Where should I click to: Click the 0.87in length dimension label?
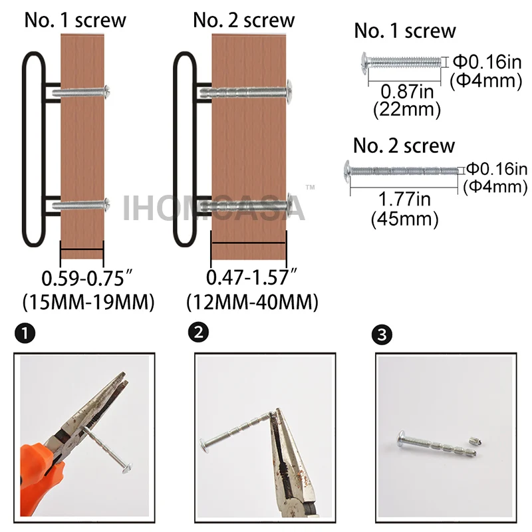point(407,91)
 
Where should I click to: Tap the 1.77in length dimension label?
point(404,199)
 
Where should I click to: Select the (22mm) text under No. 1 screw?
point(407,110)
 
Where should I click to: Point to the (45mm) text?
point(405,219)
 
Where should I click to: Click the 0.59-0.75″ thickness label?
point(86,278)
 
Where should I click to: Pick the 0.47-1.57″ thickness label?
point(251,277)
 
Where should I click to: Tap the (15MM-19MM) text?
point(88,302)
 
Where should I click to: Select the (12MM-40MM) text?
point(253,302)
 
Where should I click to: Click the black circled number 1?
point(25,333)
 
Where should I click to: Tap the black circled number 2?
point(198,332)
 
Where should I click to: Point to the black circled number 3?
point(382,335)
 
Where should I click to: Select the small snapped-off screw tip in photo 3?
point(473,441)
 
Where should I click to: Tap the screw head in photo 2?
point(204,445)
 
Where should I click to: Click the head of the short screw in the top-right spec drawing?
point(364,62)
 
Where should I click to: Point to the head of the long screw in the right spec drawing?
point(346,171)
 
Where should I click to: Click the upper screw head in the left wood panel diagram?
point(107,92)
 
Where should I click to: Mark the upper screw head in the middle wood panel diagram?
point(289,91)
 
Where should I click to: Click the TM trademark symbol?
point(310,187)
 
